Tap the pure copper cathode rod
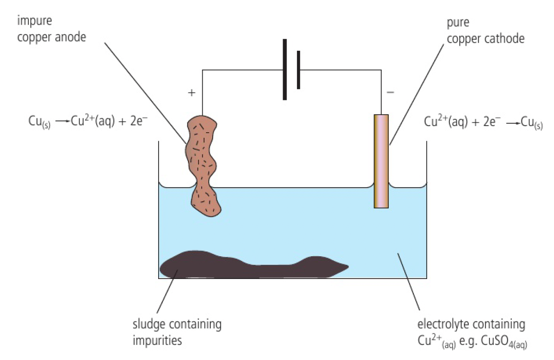click(x=381, y=161)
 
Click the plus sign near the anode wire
click(x=192, y=93)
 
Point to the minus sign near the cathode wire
click(x=390, y=92)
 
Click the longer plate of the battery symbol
click(x=285, y=69)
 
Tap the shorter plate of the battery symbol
click(x=298, y=69)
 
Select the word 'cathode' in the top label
click(x=505, y=38)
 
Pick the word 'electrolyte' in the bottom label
click(x=440, y=325)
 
